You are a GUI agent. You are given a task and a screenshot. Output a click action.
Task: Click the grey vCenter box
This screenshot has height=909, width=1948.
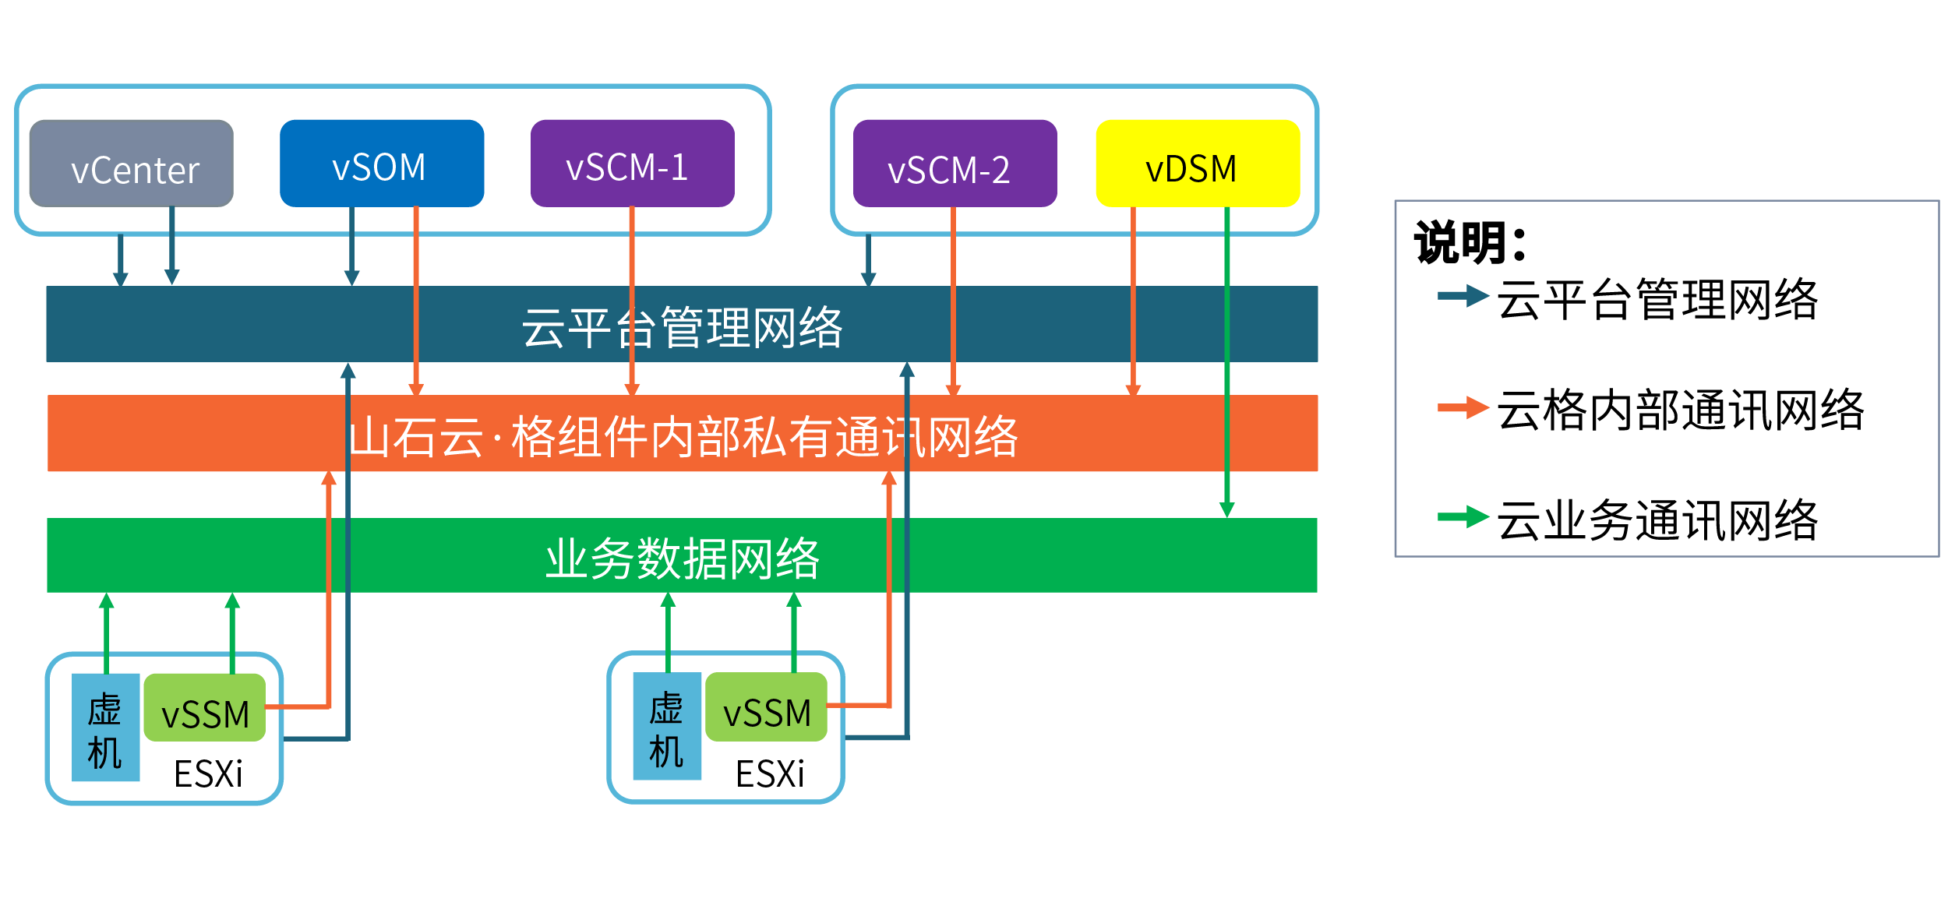(x=131, y=164)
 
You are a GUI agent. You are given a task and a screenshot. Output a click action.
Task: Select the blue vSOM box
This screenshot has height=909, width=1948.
(x=382, y=164)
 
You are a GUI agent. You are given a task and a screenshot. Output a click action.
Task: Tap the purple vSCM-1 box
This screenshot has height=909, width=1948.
(x=632, y=164)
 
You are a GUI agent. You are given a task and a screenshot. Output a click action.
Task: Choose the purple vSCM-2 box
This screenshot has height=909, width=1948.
(x=955, y=164)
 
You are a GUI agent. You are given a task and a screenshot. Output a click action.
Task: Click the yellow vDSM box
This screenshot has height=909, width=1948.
(x=1198, y=164)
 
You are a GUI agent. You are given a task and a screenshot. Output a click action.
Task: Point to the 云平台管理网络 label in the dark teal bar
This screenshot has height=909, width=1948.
(x=682, y=327)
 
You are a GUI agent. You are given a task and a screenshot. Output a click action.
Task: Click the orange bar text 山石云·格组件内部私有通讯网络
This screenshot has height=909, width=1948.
(x=683, y=436)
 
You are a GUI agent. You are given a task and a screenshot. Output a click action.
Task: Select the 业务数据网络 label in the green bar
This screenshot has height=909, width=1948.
(x=682, y=558)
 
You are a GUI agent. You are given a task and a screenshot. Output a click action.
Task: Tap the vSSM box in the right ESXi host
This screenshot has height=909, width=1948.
(x=766, y=707)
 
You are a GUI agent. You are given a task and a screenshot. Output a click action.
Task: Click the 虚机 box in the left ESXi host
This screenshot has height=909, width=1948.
(x=105, y=728)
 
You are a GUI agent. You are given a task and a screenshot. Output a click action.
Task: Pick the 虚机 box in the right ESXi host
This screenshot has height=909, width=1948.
(x=667, y=726)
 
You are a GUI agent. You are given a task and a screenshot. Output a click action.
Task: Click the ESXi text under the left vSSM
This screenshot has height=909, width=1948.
(x=208, y=773)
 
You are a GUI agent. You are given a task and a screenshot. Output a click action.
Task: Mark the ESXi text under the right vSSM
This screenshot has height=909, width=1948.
(x=770, y=773)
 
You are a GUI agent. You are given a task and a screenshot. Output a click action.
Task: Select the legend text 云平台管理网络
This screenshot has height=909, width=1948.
(x=1657, y=299)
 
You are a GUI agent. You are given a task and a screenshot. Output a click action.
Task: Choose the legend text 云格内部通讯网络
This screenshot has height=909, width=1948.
(x=1681, y=410)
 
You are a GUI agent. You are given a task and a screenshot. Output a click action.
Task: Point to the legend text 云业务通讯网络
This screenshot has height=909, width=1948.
(x=1657, y=520)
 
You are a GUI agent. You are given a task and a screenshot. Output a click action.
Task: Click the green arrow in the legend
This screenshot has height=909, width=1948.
(x=1463, y=516)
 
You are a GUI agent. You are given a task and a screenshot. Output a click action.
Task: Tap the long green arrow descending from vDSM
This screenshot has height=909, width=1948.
(x=1226, y=366)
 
